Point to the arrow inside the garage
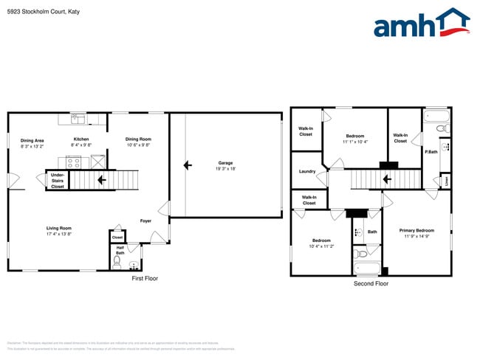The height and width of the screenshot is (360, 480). click(188, 165)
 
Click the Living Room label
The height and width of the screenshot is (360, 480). click(58, 231)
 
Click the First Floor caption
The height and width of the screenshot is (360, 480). click(145, 278)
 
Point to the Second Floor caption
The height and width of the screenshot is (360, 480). click(371, 283)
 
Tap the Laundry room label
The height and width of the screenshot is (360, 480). click(307, 171)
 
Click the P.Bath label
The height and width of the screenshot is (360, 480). click(431, 152)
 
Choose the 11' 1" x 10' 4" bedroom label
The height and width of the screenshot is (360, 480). click(355, 139)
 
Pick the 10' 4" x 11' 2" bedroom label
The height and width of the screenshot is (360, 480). click(321, 243)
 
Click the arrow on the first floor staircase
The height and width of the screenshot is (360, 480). click(101, 179)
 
